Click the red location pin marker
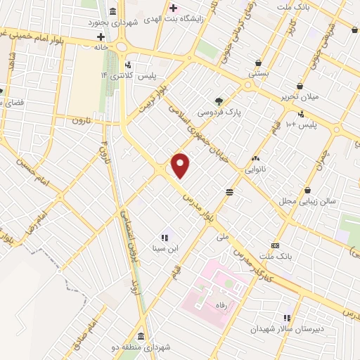pos(181,165)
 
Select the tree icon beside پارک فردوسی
pos(219,101)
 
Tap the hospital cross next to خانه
pos(101,35)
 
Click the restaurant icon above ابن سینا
pos(165,238)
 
